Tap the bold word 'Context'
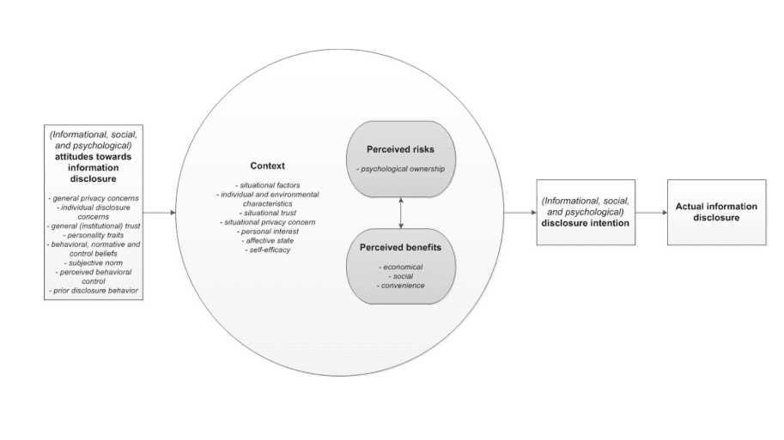click(x=267, y=166)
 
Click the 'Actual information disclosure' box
click(x=716, y=212)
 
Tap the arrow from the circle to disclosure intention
click(x=519, y=212)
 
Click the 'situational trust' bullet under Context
click(x=267, y=213)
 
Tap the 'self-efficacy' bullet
click(x=267, y=250)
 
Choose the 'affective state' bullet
click(x=267, y=240)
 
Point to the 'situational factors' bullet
click(x=267, y=184)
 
